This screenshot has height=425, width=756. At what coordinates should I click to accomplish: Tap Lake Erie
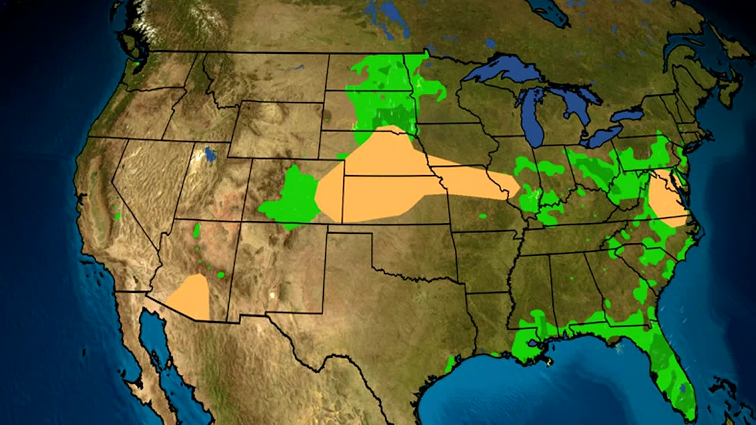pos(602,136)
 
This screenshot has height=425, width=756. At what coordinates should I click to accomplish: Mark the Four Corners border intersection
pos(241,221)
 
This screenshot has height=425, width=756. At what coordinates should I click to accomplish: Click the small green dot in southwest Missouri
pos(483,216)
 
